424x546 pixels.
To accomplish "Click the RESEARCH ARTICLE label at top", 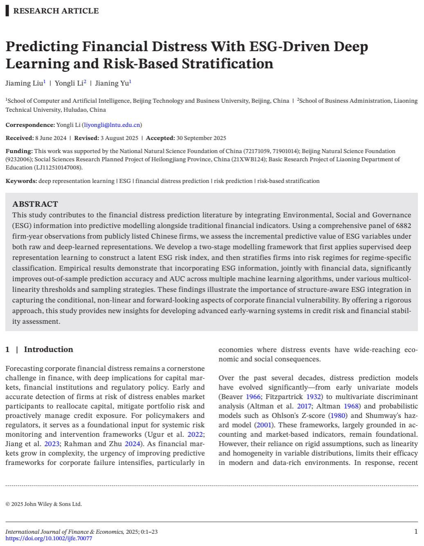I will click(56, 11).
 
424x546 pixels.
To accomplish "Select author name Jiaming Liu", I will click(24, 83).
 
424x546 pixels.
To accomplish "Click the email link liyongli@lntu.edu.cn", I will click(112, 125).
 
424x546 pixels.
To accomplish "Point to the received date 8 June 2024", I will click(51, 138).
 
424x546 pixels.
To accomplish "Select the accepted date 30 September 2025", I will click(201, 138).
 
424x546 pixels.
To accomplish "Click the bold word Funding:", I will click(19, 151).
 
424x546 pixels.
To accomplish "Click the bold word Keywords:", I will click(21, 181).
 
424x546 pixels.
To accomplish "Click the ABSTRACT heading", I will click(35, 204).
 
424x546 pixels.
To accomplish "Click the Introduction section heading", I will click(48, 349).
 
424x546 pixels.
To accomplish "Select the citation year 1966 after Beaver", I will click(253, 397).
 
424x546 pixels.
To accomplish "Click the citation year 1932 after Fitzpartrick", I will click(313, 397).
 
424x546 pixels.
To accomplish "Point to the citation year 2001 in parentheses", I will click(264, 425).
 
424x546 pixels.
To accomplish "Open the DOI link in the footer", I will click(49, 538).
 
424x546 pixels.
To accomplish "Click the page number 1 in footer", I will click(416, 532).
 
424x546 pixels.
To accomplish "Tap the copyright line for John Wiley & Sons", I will click(44, 504).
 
